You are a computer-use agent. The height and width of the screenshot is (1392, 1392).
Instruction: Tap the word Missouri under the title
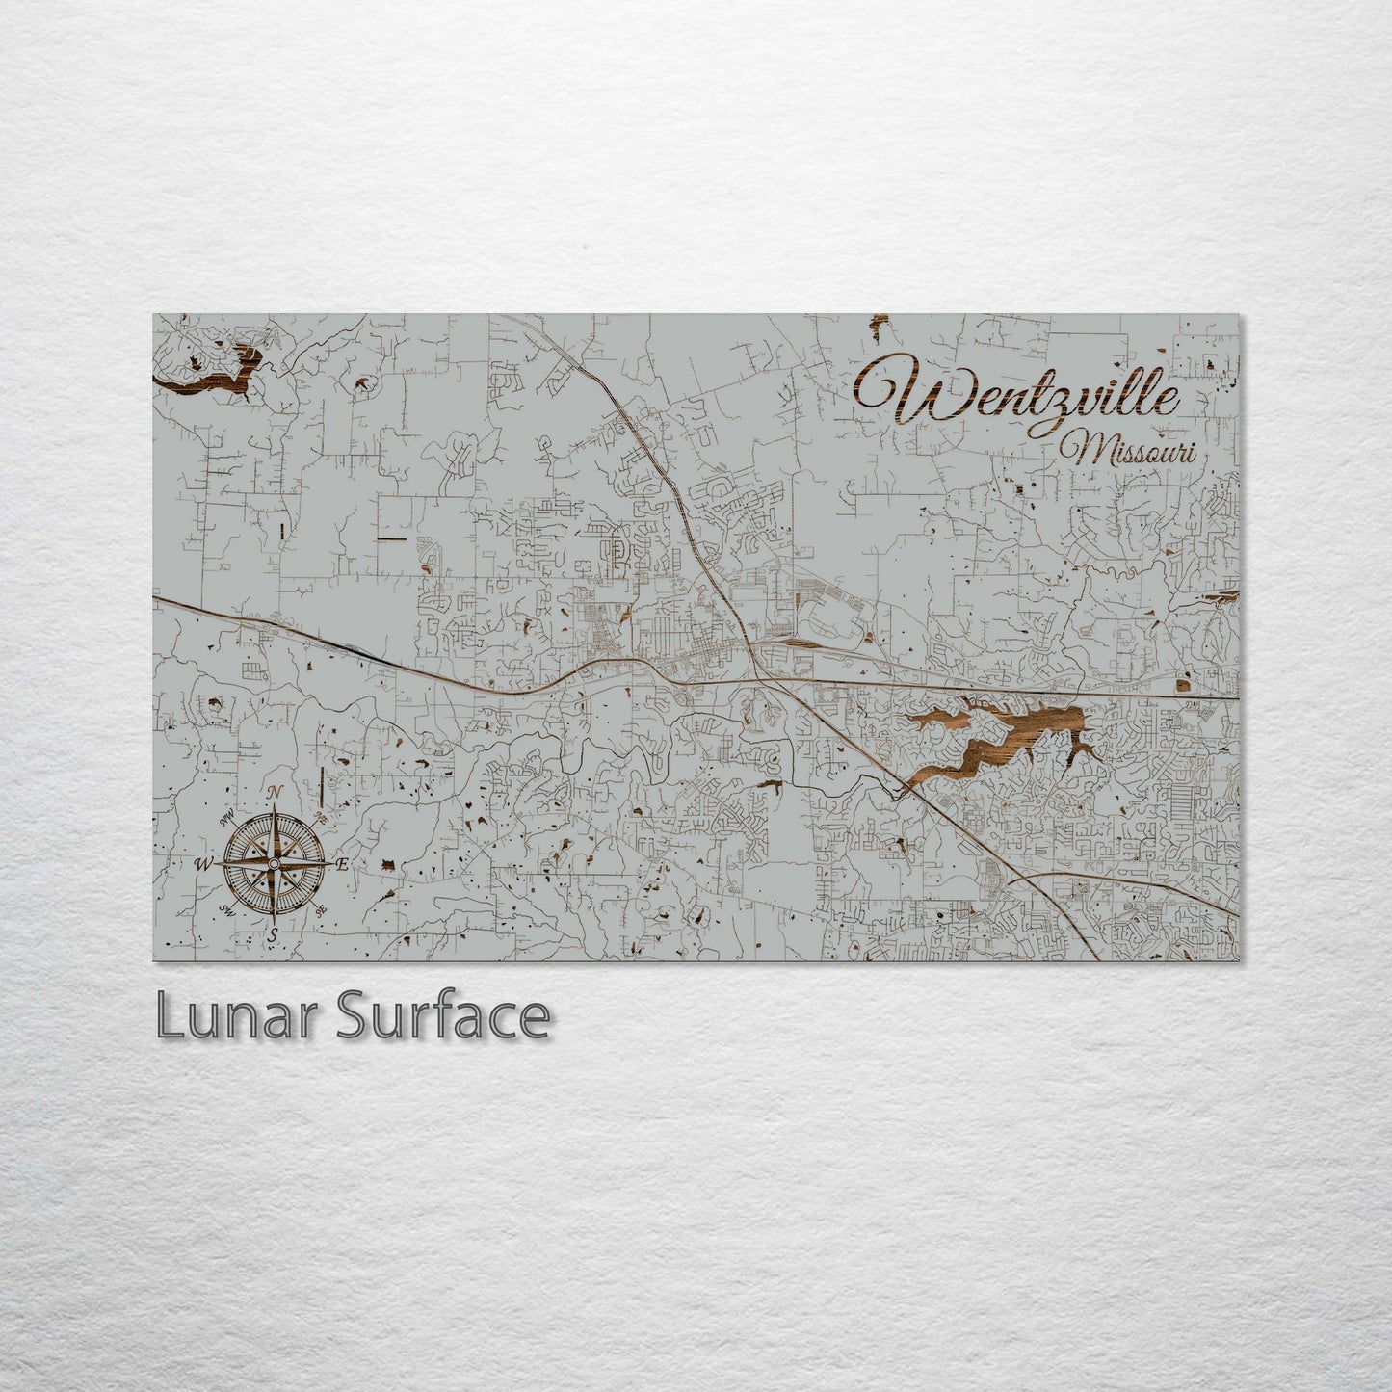click(x=1127, y=451)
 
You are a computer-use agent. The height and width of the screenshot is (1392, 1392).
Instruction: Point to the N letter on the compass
click(x=275, y=792)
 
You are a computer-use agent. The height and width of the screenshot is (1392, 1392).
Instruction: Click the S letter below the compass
click(x=273, y=934)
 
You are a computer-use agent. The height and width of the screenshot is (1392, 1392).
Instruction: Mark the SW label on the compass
click(x=228, y=908)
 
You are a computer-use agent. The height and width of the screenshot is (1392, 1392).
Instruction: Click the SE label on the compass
click(x=319, y=908)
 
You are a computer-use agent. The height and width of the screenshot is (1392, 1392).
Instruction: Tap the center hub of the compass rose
click(x=274, y=864)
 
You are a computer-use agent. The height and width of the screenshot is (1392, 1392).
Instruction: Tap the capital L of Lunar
click(x=169, y=1017)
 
